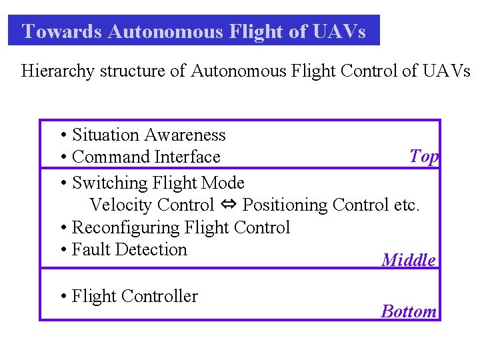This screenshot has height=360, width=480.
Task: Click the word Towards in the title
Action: coord(61,31)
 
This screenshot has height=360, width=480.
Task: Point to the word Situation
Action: coord(106,135)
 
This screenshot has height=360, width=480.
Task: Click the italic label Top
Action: coord(424,156)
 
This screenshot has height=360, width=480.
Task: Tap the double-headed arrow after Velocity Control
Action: coord(229,205)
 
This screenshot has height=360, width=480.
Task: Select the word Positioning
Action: coord(286,205)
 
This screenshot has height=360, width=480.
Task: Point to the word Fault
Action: coord(91,249)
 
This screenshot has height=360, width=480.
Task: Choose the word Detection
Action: coord(151,249)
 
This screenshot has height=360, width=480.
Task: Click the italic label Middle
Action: coord(409,260)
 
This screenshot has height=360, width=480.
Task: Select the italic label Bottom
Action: coord(409,311)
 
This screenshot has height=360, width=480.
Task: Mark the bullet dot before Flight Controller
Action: coord(63,297)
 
